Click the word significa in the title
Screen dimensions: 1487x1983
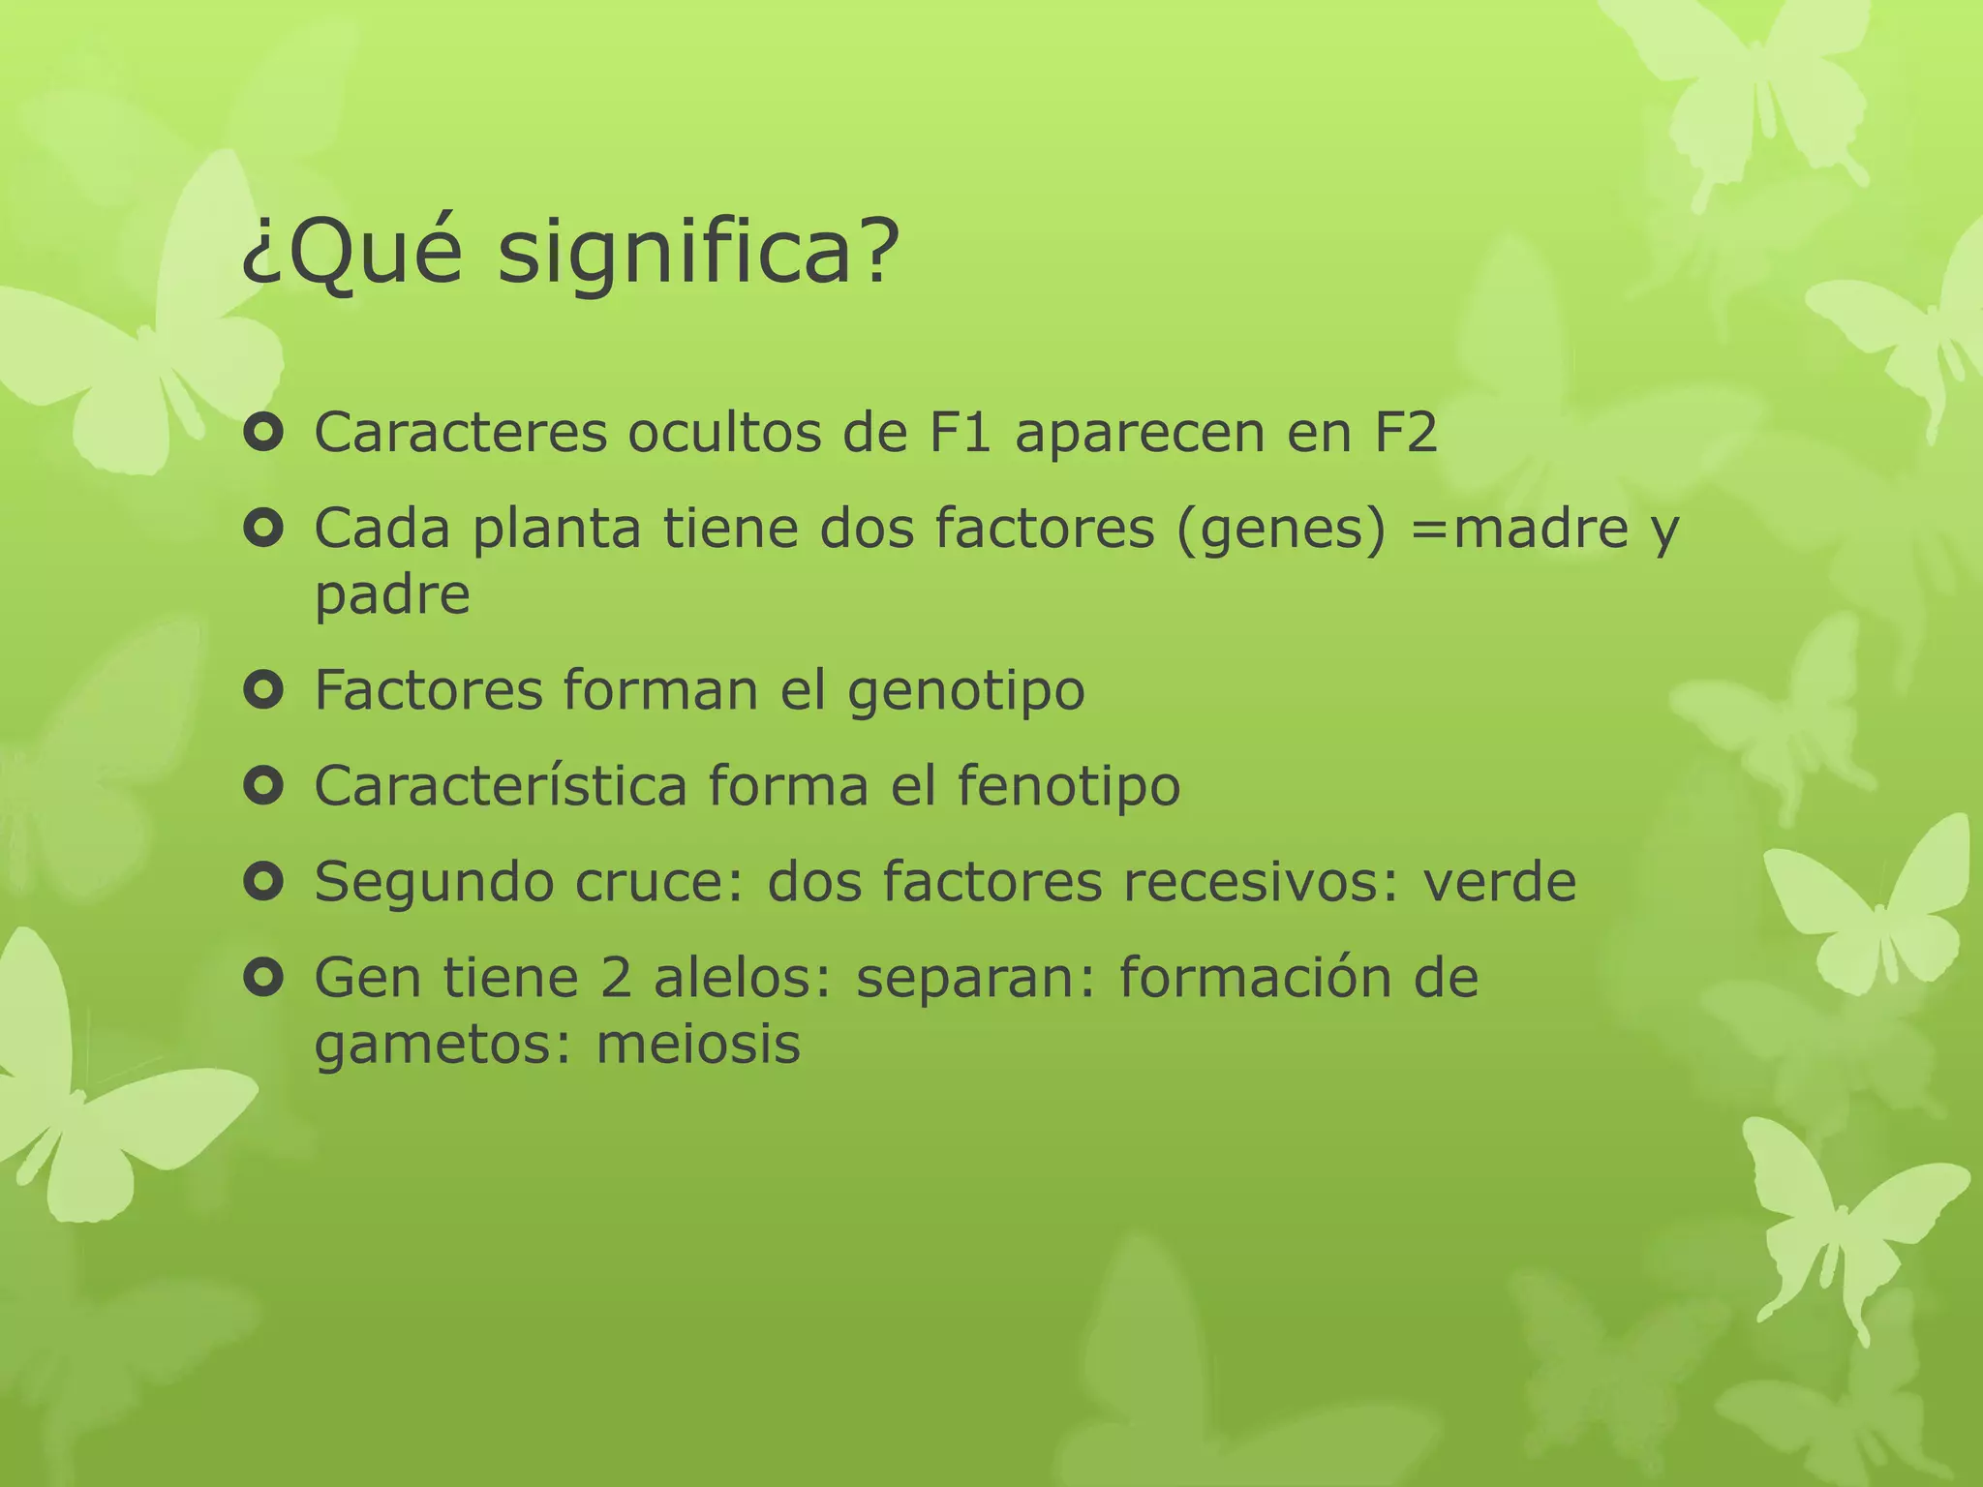[697, 254]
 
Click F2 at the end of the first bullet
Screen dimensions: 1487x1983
[1404, 432]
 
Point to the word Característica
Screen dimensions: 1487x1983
[501, 785]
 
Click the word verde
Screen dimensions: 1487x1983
[1499, 882]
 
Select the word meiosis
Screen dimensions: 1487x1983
[697, 1044]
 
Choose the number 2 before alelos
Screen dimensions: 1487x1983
[615, 978]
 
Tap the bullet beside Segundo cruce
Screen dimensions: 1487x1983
[263, 882]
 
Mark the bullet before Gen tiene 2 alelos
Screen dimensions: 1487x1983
[263, 978]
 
